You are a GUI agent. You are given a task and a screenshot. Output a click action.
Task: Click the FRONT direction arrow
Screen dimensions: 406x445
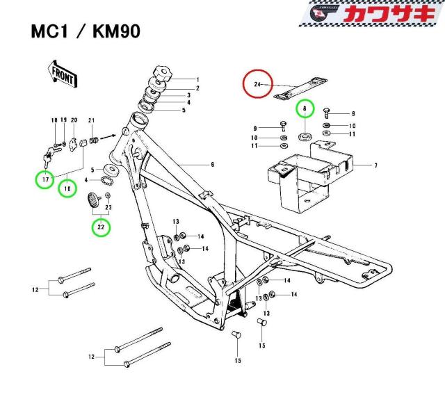click(60, 72)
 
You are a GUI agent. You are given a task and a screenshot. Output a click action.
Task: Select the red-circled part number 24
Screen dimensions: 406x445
click(257, 85)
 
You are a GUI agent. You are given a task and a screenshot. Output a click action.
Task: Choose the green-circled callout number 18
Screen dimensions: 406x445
click(67, 187)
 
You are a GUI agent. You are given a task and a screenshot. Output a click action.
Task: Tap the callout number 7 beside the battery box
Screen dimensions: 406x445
click(376, 166)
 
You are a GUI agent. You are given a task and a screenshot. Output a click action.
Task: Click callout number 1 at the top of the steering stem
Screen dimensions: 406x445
click(197, 79)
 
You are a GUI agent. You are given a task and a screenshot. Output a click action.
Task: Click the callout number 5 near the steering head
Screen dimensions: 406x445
click(184, 110)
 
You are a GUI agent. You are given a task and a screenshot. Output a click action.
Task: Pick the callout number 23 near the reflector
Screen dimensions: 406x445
click(108, 207)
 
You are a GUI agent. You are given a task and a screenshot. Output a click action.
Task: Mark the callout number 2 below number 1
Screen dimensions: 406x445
click(197, 88)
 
